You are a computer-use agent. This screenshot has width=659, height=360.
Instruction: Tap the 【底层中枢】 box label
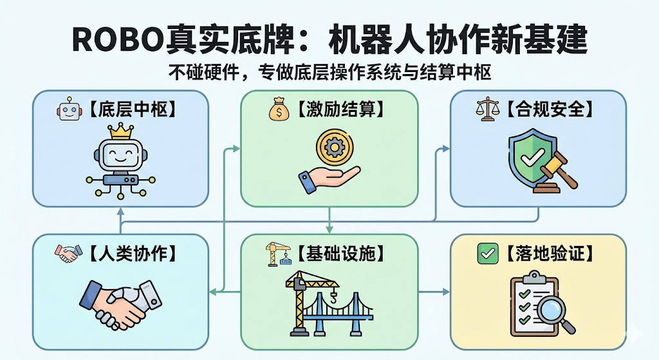[131, 109]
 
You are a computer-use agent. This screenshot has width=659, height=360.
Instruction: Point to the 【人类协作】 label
[132, 253]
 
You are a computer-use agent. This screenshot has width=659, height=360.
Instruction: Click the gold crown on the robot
[121, 132]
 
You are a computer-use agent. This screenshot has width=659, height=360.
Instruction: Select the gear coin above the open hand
[333, 147]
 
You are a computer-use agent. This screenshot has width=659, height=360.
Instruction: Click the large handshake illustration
[120, 303]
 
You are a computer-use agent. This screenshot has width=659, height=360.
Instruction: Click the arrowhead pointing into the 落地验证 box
[445, 292]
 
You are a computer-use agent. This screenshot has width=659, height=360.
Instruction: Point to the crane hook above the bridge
[333, 297]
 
